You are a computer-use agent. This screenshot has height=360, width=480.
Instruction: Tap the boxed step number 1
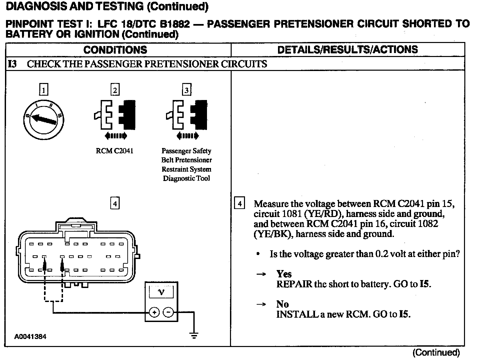coord(44,90)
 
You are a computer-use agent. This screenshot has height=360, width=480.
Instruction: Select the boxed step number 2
coord(115,90)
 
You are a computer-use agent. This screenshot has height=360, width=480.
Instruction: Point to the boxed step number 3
coord(186,90)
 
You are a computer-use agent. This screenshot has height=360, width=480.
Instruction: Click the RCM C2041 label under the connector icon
coord(114,151)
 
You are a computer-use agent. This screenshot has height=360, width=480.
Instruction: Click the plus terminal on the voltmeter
coord(154,312)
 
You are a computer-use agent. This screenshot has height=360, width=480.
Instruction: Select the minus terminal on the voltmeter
coord(169,312)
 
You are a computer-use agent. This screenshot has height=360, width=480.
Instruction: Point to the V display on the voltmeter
coord(161,292)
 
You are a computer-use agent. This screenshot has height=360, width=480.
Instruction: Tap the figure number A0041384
coord(30,337)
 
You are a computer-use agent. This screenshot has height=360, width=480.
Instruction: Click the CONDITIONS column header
coord(115,50)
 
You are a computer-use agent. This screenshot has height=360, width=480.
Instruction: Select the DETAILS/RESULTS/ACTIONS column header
coord(347,50)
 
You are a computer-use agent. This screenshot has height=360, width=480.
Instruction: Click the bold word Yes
coord(284,274)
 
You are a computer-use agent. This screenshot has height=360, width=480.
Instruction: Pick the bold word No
coord(282,304)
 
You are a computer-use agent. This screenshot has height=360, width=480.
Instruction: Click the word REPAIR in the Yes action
coord(294,284)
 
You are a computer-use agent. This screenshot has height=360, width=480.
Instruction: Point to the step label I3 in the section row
coord(12,64)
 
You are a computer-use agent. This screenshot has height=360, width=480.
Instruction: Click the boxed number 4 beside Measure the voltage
coord(239,203)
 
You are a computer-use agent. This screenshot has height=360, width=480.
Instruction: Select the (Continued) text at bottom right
coord(436,352)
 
